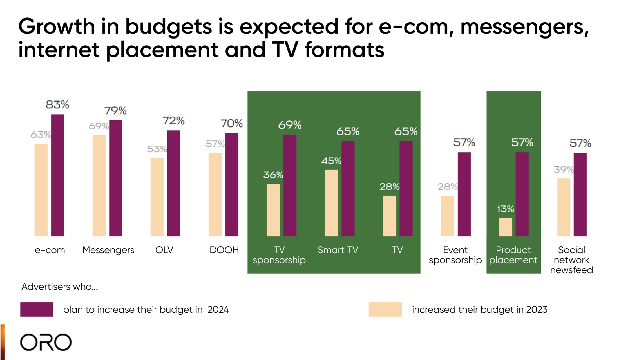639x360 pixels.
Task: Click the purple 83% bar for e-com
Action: tap(57, 175)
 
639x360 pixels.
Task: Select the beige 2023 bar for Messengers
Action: tap(99, 185)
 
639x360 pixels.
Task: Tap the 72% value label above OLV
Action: tap(173, 121)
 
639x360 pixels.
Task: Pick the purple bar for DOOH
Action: tap(232, 184)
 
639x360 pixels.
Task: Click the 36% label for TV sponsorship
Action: tap(273, 175)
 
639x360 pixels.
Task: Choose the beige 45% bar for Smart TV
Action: tap(331, 203)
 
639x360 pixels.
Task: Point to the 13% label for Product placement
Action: tap(505, 209)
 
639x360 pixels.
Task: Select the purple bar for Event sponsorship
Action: tap(464, 194)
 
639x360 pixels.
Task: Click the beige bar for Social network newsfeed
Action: tap(564, 207)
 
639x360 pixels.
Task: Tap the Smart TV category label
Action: tap(338, 250)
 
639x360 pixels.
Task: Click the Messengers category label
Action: tap(108, 250)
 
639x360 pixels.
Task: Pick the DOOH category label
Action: tap(224, 250)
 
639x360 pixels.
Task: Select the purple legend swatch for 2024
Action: tap(37, 309)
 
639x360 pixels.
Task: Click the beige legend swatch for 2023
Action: tap(385, 309)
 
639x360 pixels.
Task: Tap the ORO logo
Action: tap(46, 342)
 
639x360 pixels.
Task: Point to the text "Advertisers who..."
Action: tap(60, 287)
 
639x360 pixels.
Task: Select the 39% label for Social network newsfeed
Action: tap(563, 169)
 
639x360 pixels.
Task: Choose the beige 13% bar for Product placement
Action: tap(506, 227)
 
